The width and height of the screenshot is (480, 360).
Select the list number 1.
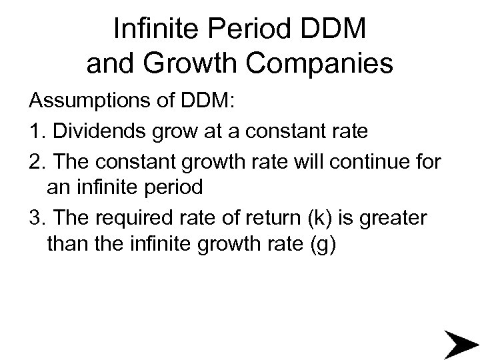click(x=34, y=131)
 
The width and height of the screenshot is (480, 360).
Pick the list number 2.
click(x=34, y=160)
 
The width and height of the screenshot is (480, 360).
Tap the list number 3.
click(x=34, y=217)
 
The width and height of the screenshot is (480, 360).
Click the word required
click(x=131, y=217)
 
